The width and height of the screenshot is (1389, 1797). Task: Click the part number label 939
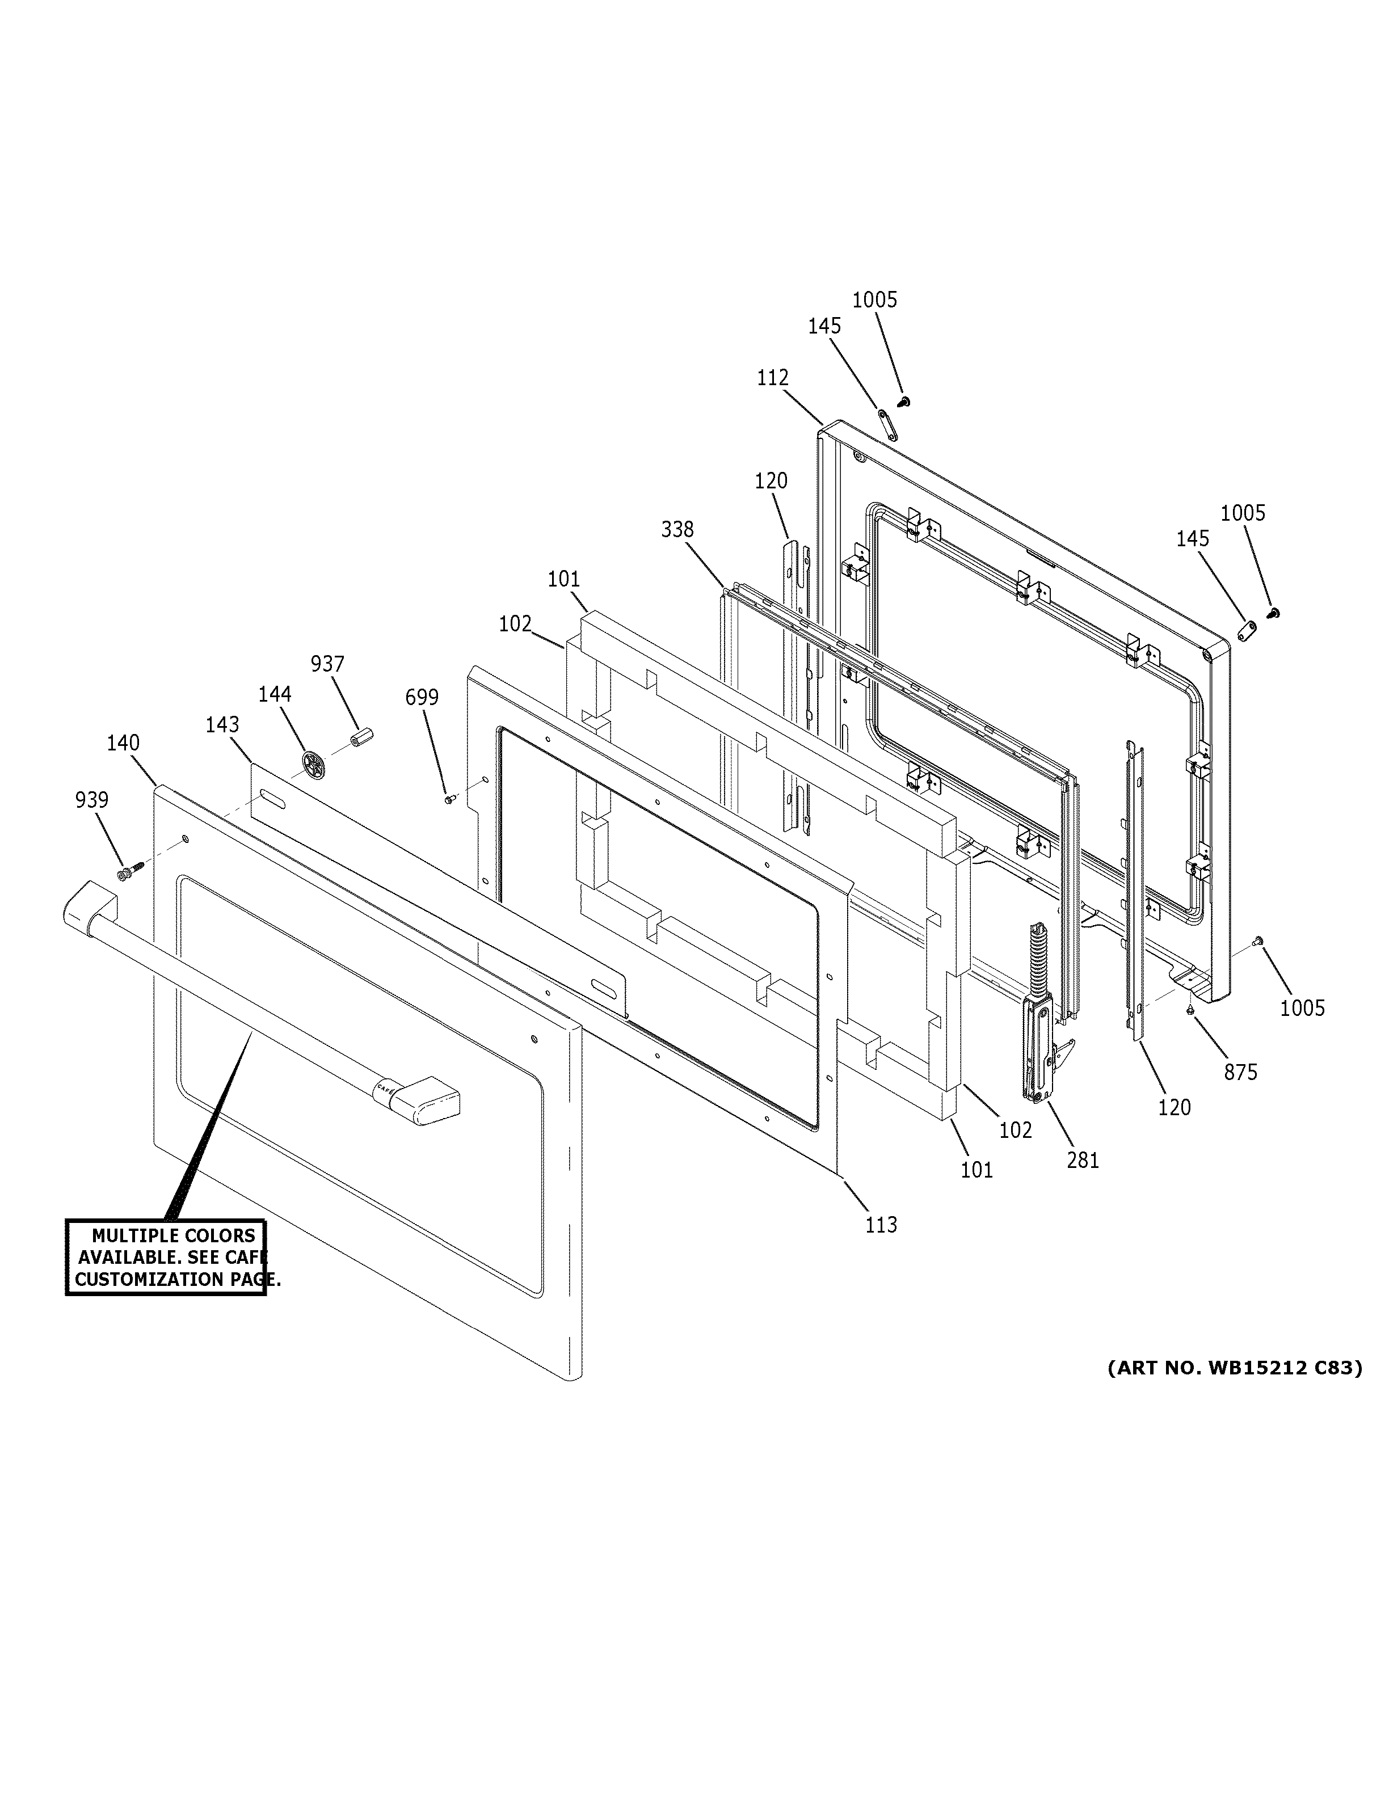click(91, 800)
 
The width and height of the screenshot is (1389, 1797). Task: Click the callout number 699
click(422, 698)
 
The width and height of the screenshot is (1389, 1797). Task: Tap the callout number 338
click(677, 530)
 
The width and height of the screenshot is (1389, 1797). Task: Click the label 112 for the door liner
click(773, 378)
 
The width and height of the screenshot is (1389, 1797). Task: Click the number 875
click(1240, 1072)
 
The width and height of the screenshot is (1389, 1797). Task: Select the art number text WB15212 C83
click(1234, 1368)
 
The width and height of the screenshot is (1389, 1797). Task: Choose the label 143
click(222, 725)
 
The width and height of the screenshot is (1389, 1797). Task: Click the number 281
click(1082, 1160)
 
